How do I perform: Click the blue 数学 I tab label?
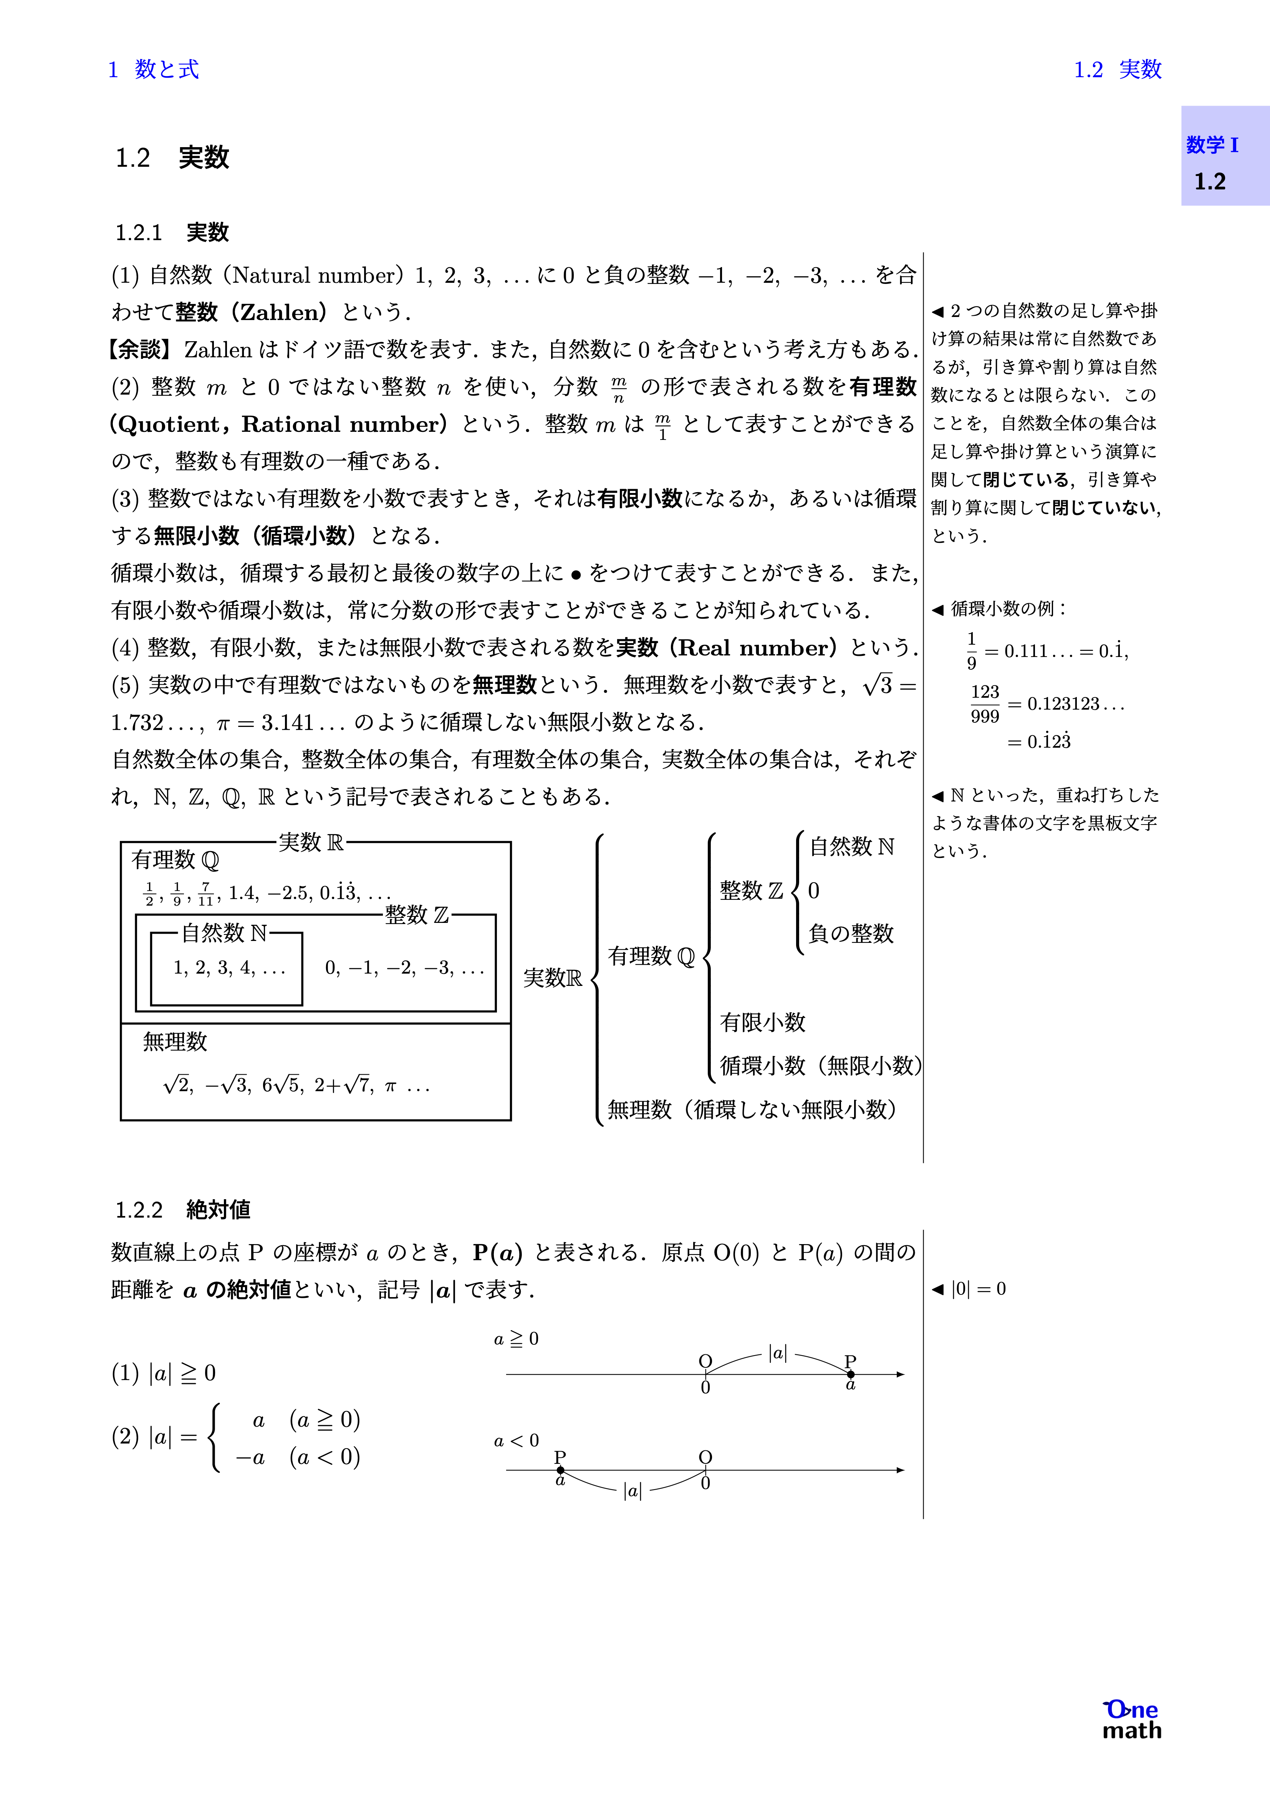(x=1212, y=145)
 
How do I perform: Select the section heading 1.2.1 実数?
(x=172, y=232)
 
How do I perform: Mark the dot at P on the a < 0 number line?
(x=560, y=1470)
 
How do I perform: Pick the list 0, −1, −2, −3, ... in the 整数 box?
(x=404, y=968)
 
